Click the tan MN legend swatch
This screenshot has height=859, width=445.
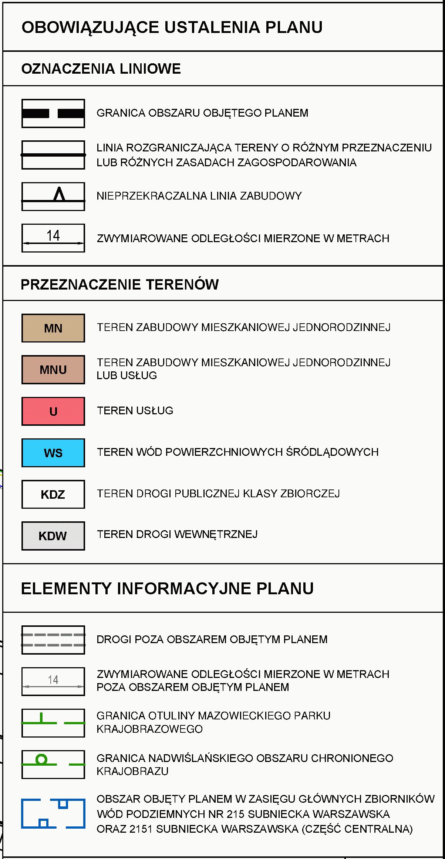tap(53, 328)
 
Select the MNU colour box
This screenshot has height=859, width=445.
tap(53, 370)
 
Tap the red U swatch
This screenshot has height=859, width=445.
tap(53, 411)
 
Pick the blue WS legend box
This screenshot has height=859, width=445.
tap(53, 452)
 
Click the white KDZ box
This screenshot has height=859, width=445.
tap(53, 494)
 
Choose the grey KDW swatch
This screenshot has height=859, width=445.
tap(53, 535)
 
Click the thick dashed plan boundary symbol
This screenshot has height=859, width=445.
tap(53, 113)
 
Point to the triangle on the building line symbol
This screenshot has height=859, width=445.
tap(59, 194)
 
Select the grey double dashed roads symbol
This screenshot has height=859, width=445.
tap(53, 640)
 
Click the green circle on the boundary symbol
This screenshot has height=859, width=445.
tap(41, 760)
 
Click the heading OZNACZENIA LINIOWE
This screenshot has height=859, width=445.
tap(101, 69)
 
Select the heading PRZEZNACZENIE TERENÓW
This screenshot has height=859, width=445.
tap(119, 284)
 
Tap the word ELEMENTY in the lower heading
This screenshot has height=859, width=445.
tap(66, 588)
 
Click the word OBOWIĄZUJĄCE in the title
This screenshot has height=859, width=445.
tap(90, 27)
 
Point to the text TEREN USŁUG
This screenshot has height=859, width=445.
tap(135, 411)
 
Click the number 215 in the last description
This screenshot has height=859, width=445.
tap(236, 814)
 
